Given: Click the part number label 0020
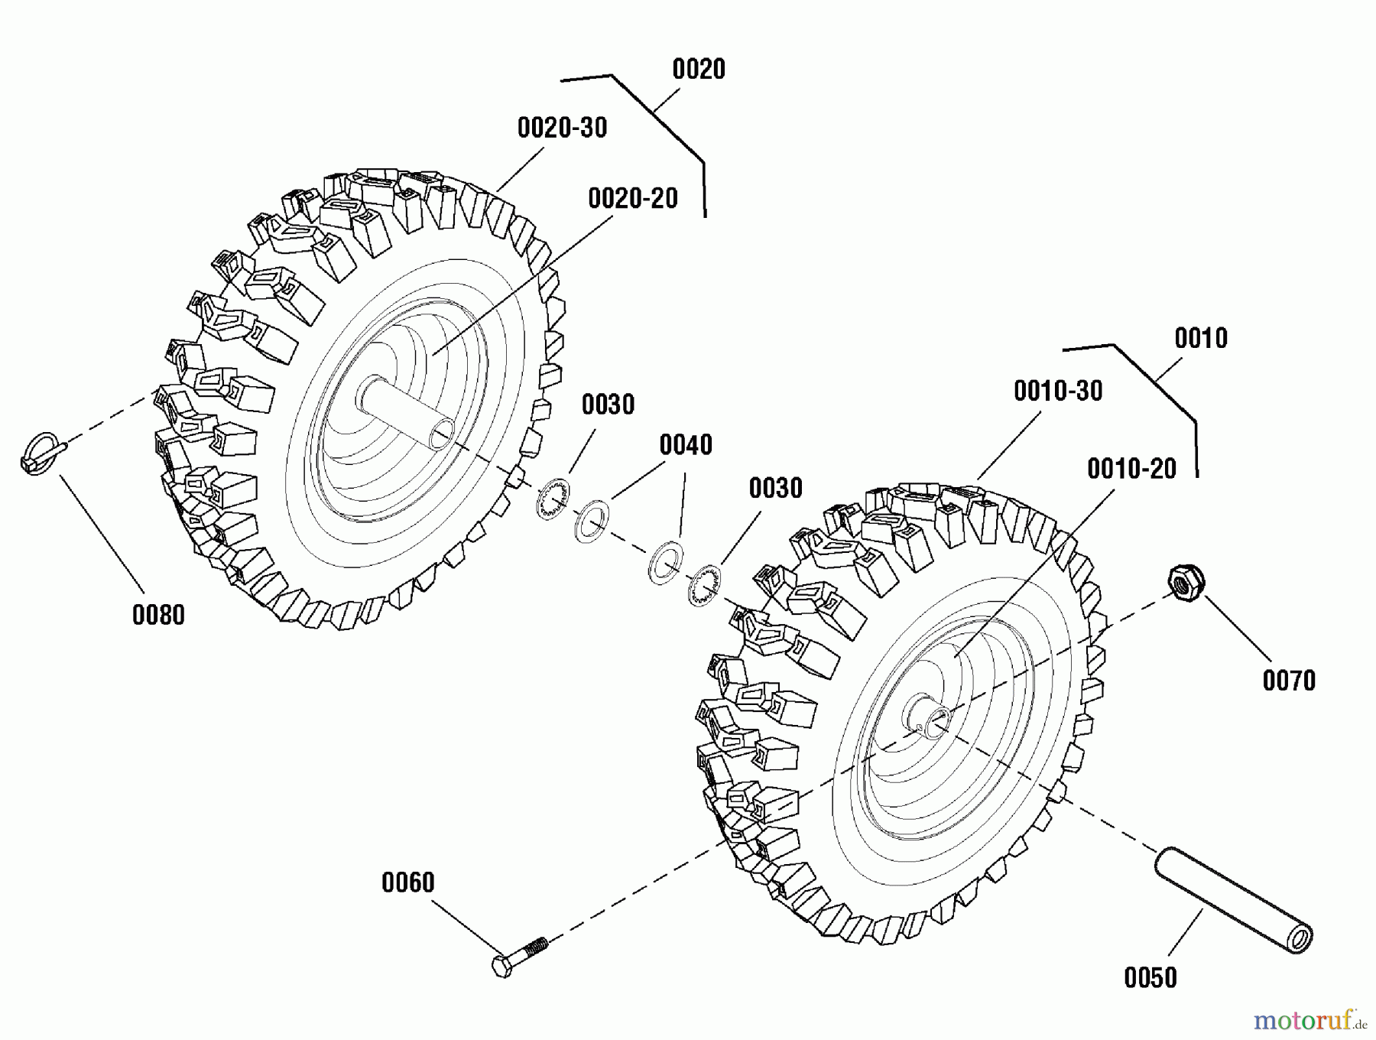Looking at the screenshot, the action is (x=698, y=70).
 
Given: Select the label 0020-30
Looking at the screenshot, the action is (x=562, y=128).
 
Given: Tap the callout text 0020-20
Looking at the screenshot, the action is (x=633, y=199).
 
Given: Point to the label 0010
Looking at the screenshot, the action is (x=1201, y=338).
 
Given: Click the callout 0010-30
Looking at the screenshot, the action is (x=1058, y=392).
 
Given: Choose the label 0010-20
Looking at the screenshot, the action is (x=1131, y=469).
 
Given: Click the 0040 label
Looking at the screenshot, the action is (x=686, y=445).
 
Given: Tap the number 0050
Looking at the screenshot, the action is (x=1150, y=977).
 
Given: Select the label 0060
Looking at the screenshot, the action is (x=407, y=882).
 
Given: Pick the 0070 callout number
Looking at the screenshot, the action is (x=1289, y=681).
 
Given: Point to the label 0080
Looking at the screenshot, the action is (x=158, y=615).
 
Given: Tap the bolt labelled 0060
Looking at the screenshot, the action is (x=521, y=956).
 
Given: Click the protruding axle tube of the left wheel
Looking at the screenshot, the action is (x=407, y=416).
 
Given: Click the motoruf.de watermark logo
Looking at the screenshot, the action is (x=1309, y=1020).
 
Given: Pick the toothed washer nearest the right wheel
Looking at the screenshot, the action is (x=704, y=587).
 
